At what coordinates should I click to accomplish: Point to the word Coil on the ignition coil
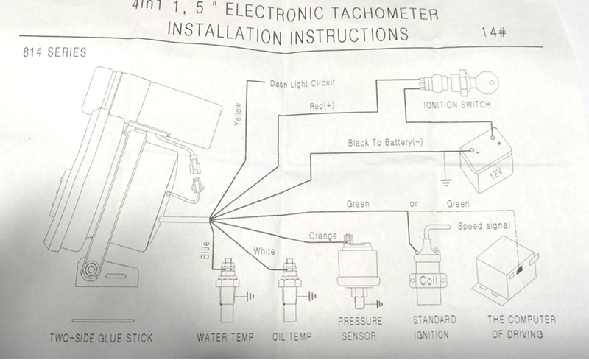(428, 280)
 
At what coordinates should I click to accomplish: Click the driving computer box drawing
(513, 273)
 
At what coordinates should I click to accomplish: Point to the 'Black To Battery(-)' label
(387, 142)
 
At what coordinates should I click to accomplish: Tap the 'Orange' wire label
(322, 236)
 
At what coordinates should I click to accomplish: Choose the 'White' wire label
(264, 252)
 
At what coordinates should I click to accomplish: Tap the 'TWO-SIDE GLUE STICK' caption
(101, 338)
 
